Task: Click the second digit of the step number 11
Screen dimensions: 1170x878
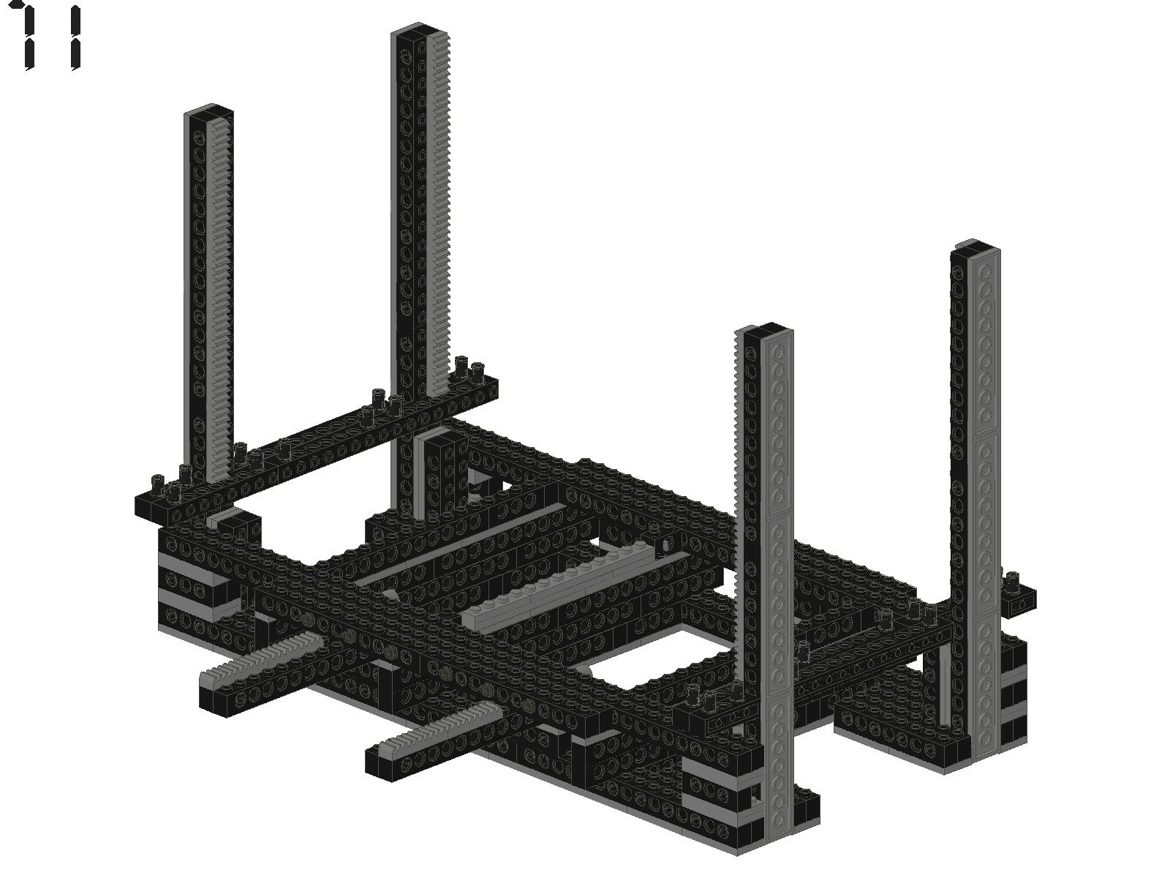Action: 76,37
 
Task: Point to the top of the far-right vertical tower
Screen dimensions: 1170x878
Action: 975,247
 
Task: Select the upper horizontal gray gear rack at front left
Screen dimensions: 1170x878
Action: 261,655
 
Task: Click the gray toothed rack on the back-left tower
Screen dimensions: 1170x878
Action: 219,299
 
